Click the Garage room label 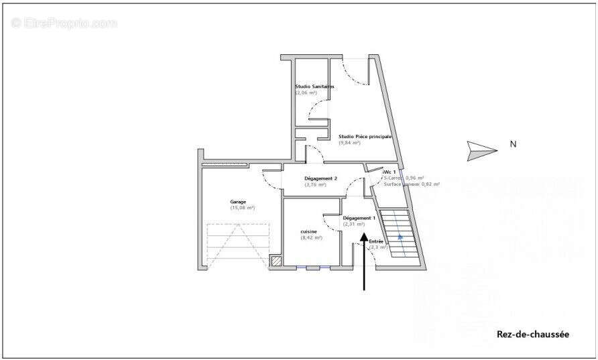click(238, 202)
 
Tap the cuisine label click(308, 231)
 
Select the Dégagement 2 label click(320, 178)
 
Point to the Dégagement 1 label click(359, 219)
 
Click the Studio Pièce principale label click(365, 136)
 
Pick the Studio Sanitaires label click(314, 86)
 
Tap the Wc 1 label click(390, 172)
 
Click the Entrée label click(376, 241)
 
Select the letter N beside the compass click(513, 143)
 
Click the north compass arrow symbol click(482, 150)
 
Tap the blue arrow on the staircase click(400, 236)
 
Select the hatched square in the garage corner click(276, 261)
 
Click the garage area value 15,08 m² click(243, 208)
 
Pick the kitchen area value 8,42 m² click(312, 237)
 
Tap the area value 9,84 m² click(350, 143)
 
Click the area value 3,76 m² click(315, 185)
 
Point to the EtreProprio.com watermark click(64, 23)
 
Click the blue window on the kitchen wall click(313, 268)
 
